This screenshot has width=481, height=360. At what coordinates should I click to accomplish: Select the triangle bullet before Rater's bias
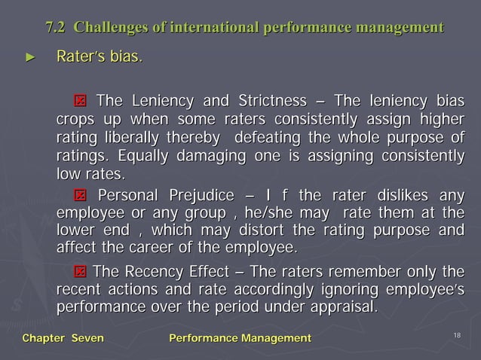pyautogui.click(x=31, y=56)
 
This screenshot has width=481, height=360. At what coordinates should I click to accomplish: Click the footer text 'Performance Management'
pyautogui.click(x=239, y=340)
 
